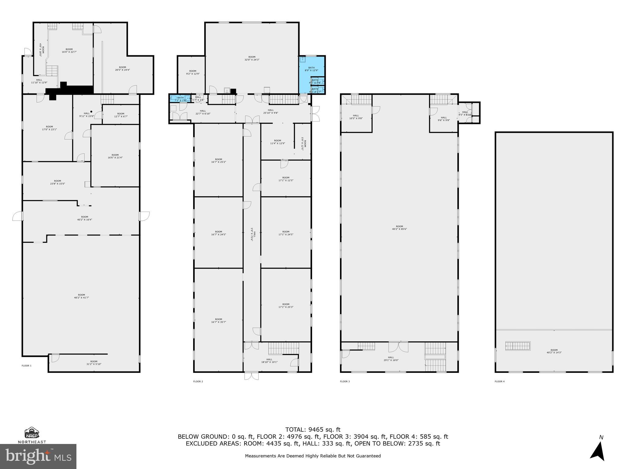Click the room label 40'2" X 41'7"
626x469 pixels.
81,296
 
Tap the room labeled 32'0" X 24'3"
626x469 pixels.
252,58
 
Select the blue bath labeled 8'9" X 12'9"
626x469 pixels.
311,69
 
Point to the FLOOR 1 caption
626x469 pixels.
27,365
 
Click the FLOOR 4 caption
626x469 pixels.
499,381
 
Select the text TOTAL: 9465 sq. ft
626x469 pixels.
313,430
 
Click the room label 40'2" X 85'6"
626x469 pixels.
400,228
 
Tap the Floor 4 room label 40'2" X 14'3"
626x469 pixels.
554,351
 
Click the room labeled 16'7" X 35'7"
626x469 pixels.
219,321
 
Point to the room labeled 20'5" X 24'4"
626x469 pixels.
122,69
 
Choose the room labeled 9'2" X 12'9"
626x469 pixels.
193,72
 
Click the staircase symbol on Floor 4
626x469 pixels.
517,346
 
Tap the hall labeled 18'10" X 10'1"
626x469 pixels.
269,361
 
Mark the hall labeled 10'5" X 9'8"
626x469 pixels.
356,117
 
